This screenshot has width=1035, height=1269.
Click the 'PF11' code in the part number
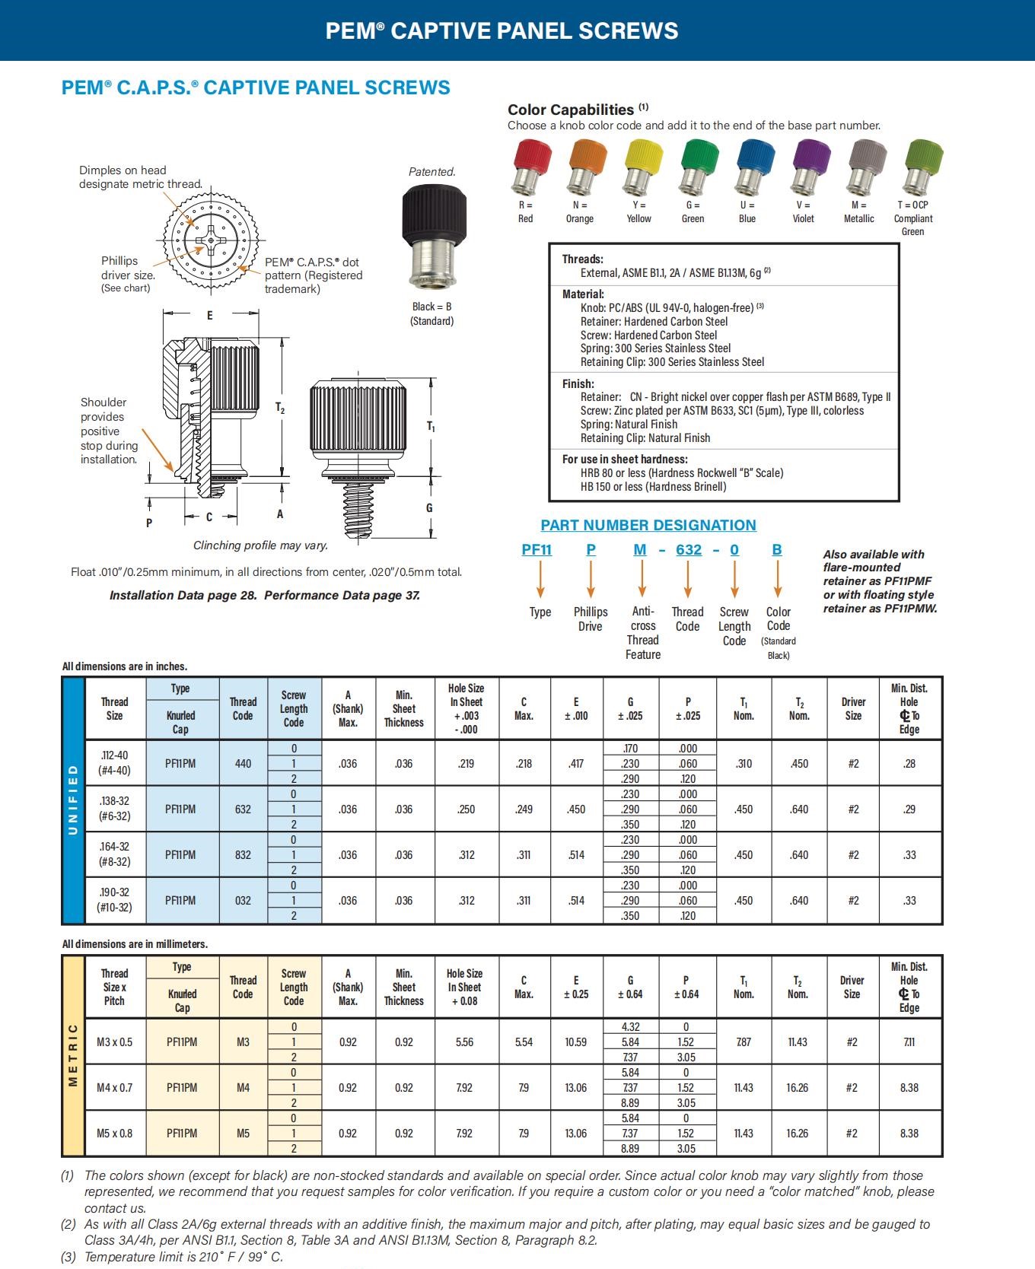pos(537,550)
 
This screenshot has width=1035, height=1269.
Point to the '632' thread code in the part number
pos(689,550)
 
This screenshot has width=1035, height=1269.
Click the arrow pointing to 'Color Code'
pos(778,580)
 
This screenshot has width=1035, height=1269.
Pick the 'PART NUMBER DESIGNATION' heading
pos(648,525)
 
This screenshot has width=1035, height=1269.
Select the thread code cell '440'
pos(243,764)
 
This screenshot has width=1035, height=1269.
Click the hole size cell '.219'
pos(467,764)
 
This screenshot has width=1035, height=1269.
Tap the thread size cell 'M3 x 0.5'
pos(114,1042)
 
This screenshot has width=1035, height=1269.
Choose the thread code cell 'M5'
pos(243,1134)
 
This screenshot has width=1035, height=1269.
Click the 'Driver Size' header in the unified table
pos(853,709)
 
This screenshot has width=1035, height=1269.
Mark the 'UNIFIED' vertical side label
pos(73,800)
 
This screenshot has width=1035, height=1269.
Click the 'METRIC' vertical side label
pos(73,1055)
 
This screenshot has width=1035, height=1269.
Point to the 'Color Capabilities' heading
pos(571,110)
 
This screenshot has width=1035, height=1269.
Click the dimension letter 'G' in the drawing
pos(429,508)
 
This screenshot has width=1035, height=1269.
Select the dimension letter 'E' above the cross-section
pos(210,316)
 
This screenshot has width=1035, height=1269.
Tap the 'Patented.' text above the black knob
pos(432,172)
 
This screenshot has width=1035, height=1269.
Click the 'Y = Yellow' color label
pos(639,211)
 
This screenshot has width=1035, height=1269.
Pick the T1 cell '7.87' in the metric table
pos(744,1042)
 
